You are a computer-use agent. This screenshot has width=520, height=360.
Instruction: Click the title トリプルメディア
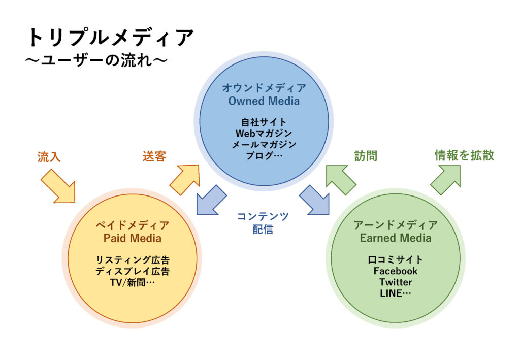110,38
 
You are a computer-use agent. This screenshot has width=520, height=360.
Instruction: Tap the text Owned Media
264,101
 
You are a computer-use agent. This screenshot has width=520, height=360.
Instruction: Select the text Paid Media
133,238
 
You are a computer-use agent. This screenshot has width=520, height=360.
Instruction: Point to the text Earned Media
396,238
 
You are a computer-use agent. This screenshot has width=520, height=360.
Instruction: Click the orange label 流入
49,157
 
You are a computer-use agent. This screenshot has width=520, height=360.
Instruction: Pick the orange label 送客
154,156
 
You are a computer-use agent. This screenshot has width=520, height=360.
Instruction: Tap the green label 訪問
366,156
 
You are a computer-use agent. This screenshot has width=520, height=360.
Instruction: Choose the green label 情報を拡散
464,155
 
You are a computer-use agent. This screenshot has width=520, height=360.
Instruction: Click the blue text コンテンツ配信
263,223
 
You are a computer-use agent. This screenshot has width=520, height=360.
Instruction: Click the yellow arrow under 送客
184,179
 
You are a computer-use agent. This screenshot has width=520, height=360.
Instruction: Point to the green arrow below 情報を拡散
445,179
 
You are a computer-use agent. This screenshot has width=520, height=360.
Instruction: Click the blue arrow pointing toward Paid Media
211,200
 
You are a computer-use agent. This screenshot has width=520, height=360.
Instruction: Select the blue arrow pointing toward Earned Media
314,200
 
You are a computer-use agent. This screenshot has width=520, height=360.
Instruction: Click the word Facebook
396,271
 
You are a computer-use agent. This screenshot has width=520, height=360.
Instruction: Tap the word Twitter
396,282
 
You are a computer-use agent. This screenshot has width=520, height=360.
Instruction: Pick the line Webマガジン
264,134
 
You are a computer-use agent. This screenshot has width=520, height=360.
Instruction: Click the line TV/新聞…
133,282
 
